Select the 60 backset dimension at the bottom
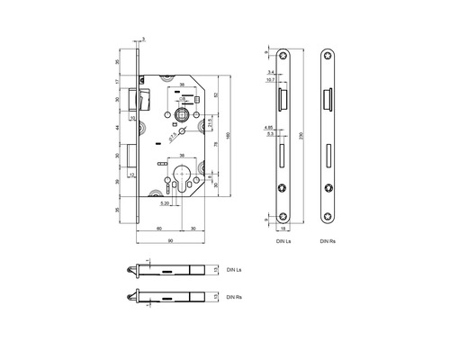click(x=159, y=229)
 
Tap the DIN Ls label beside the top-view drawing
click(x=234, y=269)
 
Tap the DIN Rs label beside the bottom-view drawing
click(x=234, y=297)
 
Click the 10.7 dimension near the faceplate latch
click(x=270, y=81)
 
